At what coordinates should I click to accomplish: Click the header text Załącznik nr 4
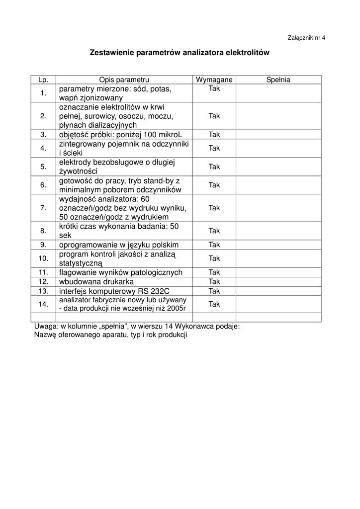coord(306,38)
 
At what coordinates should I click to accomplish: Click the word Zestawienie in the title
coord(110,52)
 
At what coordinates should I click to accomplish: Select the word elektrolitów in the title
coord(247,52)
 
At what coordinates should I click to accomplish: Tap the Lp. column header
coord(43,80)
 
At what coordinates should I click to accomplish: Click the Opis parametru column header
coord(124,80)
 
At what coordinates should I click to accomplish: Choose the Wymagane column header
coord(214,80)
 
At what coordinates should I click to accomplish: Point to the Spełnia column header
coord(278,80)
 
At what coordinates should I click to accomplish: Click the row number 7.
coord(43,208)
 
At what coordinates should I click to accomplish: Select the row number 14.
coord(43,304)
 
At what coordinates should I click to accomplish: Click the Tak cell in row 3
coord(214,134)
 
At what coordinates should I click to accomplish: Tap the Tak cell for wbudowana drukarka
coord(214,282)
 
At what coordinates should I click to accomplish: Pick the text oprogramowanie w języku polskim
coord(119,245)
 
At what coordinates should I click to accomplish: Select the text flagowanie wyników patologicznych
coord(121,272)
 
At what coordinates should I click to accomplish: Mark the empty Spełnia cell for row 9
coord(278,245)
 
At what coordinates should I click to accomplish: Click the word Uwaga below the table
coord(46,327)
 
